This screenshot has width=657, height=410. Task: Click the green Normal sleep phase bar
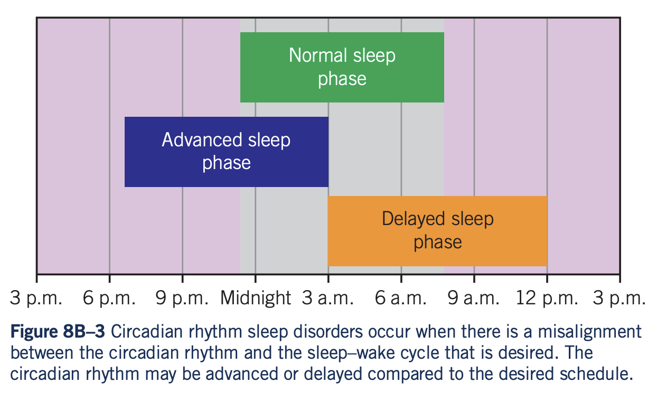tap(342, 67)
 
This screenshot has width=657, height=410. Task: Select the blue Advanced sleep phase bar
tap(227, 152)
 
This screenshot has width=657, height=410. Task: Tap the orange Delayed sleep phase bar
tap(437, 231)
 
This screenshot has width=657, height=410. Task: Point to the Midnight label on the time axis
tap(256, 298)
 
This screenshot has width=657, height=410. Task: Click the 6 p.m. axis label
tap(109, 299)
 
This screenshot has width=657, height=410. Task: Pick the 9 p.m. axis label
tap(182, 299)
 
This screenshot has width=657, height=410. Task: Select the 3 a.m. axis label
tap(327, 298)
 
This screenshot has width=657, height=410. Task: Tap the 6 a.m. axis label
tap(400, 298)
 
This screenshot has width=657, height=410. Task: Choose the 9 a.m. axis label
tap(473, 298)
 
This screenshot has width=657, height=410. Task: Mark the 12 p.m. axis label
tap(547, 299)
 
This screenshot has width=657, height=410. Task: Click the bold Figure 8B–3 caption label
tap(58, 331)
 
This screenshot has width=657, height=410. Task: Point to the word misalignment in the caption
tap(589, 332)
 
